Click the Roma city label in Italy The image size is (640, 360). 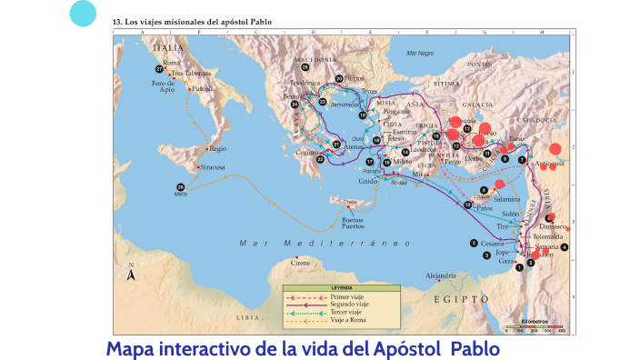pyautogui.click(x=171, y=63)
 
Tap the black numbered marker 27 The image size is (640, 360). pyautogui.click(x=159, y=69)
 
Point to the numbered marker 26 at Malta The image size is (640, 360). pyautogui.click(x=181, y=187)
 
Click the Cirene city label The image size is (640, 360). pyautogui.click(x=300, y=263)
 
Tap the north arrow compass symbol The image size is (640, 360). pyautogui.click(x=131, y=274)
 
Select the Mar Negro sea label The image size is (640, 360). pyautogui.click(x=420, y=54)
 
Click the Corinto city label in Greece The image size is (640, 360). pyautogui.click(x=309, y=153)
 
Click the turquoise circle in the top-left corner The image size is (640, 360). pyautogui.click(x=83, y=14)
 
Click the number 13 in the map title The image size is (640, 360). pyautogui.click(x=115, y=20)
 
